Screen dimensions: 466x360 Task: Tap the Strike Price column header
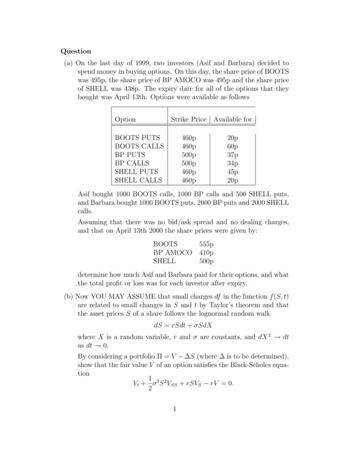(188, 120)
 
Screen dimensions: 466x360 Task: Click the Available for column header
(232, 120)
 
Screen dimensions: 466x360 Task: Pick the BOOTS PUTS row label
(137, 138)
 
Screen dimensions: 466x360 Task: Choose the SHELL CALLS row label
(139, 179)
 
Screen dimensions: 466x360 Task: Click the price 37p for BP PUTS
(232, 154)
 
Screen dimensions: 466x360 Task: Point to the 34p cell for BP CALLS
(232, 163)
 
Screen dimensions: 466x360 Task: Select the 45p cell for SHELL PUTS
(232, 171)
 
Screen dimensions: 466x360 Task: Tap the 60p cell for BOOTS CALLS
(232, 146)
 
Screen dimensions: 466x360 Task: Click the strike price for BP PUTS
(188, 154)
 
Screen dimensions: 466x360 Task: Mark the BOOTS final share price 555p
(206, 244)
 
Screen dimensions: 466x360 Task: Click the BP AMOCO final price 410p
(206, 253)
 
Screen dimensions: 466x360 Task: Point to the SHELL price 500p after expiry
(206, 261)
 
